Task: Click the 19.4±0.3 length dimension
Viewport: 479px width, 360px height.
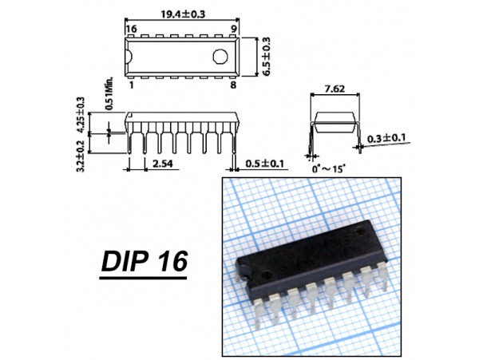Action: [183, 14]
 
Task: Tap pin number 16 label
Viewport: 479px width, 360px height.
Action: [132, 29]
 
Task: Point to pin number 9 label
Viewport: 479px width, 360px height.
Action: [233, 29]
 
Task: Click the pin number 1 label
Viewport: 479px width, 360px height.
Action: [132, 85]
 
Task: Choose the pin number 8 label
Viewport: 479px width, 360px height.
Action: [233, 85]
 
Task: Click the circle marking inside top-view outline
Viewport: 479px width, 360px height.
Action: [220, 57]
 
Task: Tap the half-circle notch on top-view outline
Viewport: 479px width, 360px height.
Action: [129, 57]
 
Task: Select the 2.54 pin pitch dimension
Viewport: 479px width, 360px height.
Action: [163, 164]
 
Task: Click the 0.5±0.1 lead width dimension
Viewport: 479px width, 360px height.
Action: [264, 164]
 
